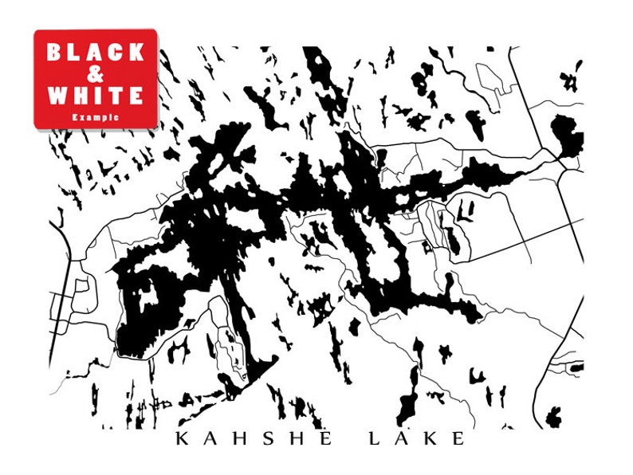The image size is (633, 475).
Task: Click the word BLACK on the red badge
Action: (x=96, y=53)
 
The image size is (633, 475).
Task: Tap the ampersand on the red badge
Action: (x=96, y=75)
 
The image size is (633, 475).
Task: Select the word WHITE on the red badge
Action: (x=96, y=96)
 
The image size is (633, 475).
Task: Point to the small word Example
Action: (x=96, y=116)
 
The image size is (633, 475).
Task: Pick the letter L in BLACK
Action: (x=75, y=53)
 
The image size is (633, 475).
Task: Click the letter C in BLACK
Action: (x=116, y=53)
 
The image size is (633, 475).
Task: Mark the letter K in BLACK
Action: (x=136, y=53)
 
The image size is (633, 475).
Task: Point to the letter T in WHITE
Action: (x=116, y=96)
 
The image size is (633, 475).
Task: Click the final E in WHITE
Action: (x=136, y=96)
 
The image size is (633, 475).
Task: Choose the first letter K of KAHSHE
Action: (x=182, y=438)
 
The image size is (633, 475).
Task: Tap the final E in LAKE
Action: (x=456, y=438)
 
